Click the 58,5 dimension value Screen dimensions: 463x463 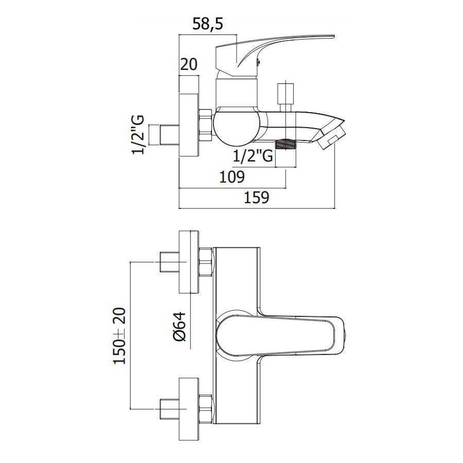pyautogui.click(x=208, y=24)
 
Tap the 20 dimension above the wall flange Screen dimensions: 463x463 pyautogui.click(x=189, y=64)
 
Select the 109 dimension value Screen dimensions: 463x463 pyautogui.click(x=232, y=177)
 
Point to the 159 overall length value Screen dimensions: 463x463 pyautogui.click(x=256, y=197)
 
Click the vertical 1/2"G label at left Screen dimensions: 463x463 pyautogui.click(x=138, y=135)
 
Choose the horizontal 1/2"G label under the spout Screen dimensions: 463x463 pyautogui.click(x=253, y=156)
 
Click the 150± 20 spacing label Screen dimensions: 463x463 pyautogui.click(x=119, y=336)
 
